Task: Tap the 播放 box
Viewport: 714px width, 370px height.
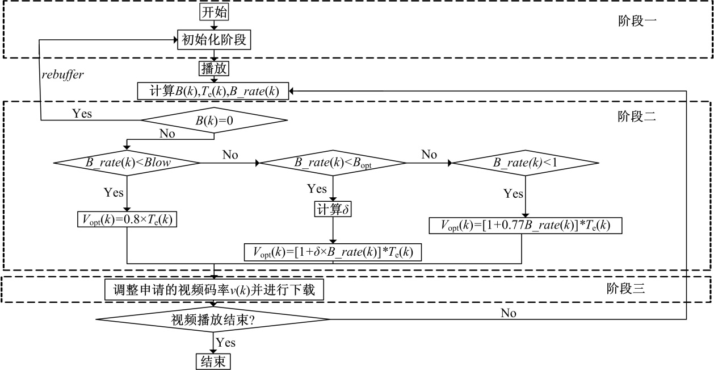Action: click(x=214, y=69)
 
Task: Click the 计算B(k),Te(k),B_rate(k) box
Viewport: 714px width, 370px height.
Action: click(x=213, y=91)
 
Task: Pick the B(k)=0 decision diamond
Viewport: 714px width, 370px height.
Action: click(x=214, y=120)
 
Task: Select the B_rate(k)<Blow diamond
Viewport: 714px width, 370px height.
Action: click(x=127, y=163)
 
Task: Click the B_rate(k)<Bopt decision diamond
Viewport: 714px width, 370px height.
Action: click(x=333, y=163)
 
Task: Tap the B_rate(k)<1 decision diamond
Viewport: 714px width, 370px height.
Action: click(x=526, y=163)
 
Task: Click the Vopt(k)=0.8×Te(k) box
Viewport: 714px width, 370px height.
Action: click(x=127, y=219)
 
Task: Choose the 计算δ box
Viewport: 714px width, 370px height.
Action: click(x=333, y=209)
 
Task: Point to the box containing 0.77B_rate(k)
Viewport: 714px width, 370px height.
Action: click(x=526, y=226)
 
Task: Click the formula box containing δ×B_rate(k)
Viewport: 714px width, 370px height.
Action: click(x=333, y=252)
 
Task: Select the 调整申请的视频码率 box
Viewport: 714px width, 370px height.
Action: click(x=214, y=290)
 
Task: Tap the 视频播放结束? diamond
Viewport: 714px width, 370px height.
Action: click(x=213, y=319)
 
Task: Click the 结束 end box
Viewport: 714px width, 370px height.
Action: click(x=213, y=361)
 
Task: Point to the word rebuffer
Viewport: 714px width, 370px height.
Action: click(x=64, y=74)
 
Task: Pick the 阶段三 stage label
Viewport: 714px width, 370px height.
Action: click(x=625, y=288)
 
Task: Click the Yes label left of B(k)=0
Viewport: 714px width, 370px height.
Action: click(x=82, y=113)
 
